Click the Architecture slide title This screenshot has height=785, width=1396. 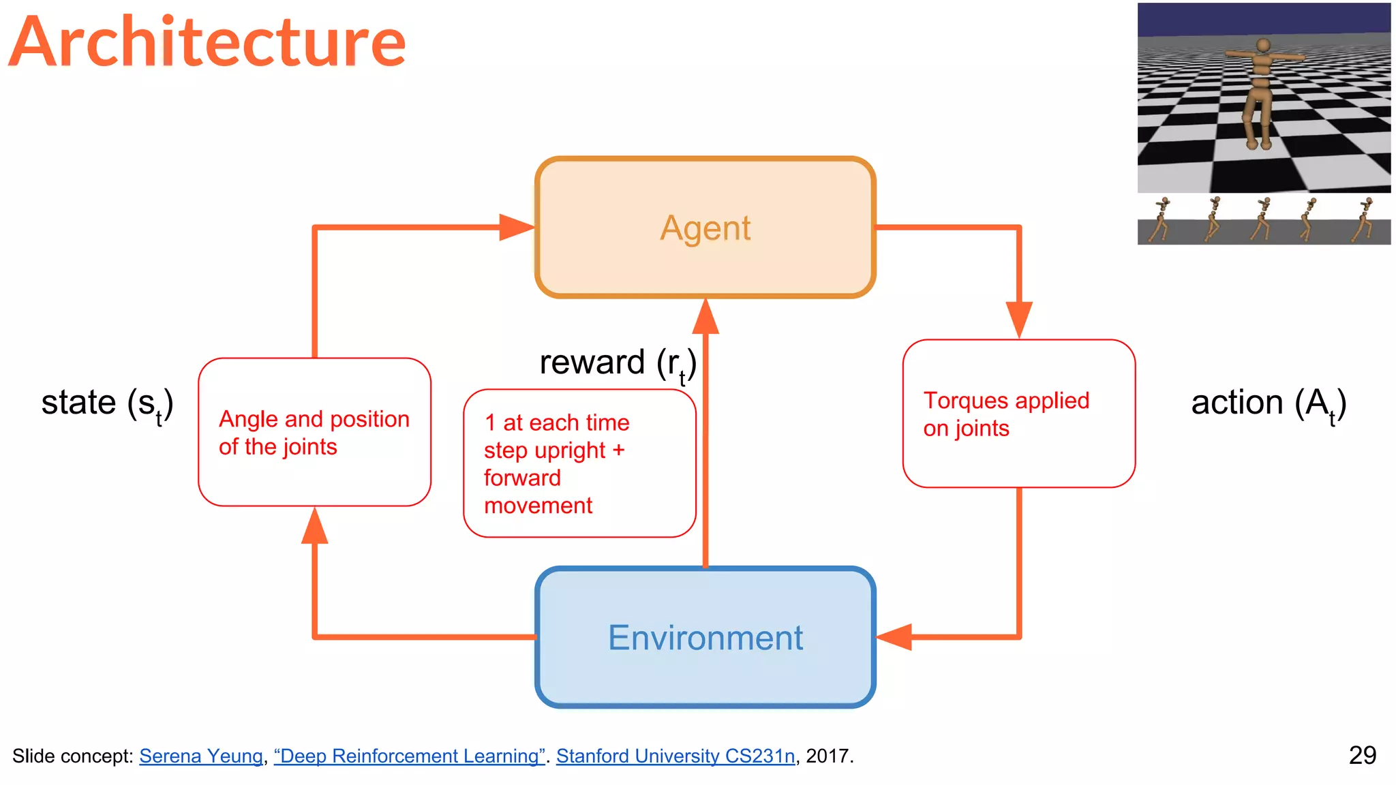(x=208, y=42)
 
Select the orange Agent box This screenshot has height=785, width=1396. (x=705, y=228)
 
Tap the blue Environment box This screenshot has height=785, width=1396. (x=705, y=638)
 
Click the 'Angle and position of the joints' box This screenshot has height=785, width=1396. (x=314, y=432)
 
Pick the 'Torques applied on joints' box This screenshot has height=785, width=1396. (x=1018, y=414)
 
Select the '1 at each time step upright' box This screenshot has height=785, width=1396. (x=579, y=463)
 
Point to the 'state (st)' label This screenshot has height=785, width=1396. (x=107, y=403)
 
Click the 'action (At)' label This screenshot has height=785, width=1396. (x=1268, y=403)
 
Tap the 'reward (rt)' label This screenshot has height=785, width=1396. (x=618, y=363)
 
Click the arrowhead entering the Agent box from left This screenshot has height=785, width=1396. (x=516, y=228)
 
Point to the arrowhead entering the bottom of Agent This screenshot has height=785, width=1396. (x=705, y=318)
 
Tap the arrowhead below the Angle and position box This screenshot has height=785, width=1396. (x=314, y=527)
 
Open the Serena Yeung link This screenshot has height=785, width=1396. (x=201, y=756)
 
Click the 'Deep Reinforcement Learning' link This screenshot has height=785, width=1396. (x=409, y=756)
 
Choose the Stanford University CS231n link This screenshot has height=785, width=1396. (x=675, y=756)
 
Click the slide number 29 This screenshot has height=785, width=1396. (x=1362, y=755)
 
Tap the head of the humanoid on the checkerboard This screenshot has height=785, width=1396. (x=1263, y=46)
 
